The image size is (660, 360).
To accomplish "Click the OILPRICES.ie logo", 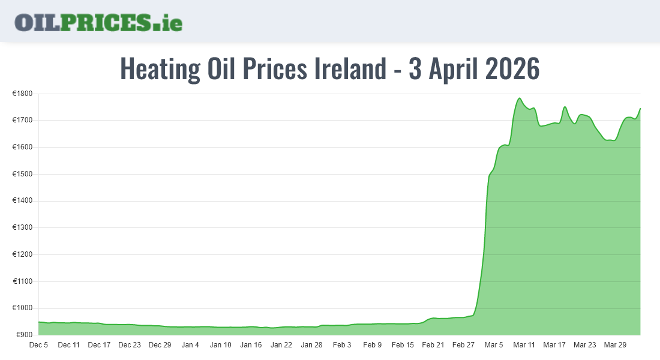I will (x=98, y=22).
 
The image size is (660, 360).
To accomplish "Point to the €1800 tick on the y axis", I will (x=24, y=94).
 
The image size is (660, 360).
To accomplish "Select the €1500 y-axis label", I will (x=24, y=174).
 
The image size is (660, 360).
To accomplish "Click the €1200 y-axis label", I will (x=24, y=254).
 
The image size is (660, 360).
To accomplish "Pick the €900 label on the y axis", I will (x=26, y=335).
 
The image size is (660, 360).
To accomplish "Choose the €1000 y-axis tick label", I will (x=24, y=308).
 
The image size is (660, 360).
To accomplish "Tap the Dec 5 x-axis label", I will (x=38, y=345).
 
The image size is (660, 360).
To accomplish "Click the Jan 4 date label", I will (x=190, y=345).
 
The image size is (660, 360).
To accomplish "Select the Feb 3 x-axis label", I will (x=342, y=345).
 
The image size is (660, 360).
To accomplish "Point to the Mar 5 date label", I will (x=494, y=345).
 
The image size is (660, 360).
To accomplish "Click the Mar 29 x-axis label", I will (x=615, y=345).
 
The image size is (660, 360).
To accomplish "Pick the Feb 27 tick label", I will (x=463, y=345).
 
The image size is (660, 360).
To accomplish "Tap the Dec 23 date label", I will (x=130, y=345).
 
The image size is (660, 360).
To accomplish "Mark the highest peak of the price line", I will (x=519, y=98).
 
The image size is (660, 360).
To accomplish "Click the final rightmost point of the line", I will (x=640, y=109).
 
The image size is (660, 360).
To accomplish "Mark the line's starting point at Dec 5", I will (x=39, y=322).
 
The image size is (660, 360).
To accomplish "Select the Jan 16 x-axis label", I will (x=251, y=345).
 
